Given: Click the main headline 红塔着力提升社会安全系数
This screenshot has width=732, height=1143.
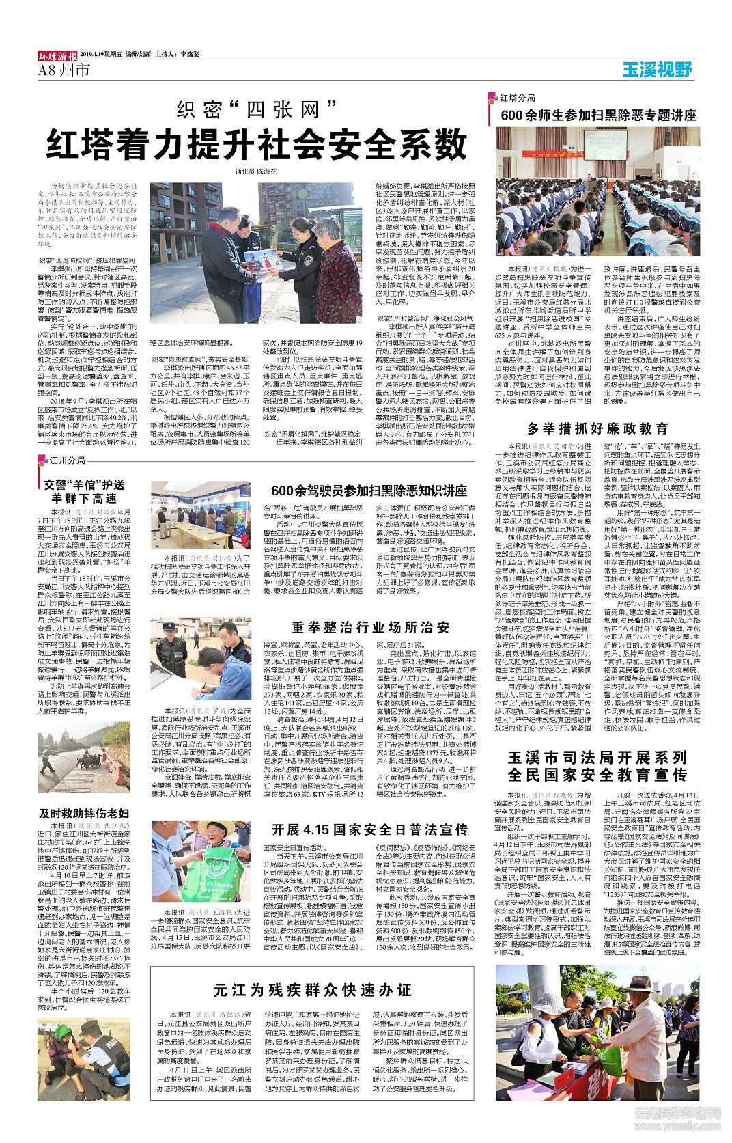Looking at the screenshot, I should tap(256, 145).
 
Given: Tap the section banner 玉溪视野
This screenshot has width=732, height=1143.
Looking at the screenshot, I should tap(657, 69).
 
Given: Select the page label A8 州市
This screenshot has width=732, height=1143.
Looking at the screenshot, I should tap(64, 70).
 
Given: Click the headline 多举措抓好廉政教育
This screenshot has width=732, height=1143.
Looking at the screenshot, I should tap(597, 429).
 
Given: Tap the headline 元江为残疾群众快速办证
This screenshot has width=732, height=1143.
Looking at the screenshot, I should tap(312, 990).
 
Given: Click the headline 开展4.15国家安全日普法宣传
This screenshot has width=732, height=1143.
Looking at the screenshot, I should tap(369, 829).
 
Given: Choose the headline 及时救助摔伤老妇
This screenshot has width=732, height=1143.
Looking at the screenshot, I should tap(84, 813).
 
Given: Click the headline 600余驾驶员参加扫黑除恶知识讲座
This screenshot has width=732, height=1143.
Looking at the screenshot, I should tap(369, 491).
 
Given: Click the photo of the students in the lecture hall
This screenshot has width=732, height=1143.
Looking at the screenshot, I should tap(598, 191).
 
